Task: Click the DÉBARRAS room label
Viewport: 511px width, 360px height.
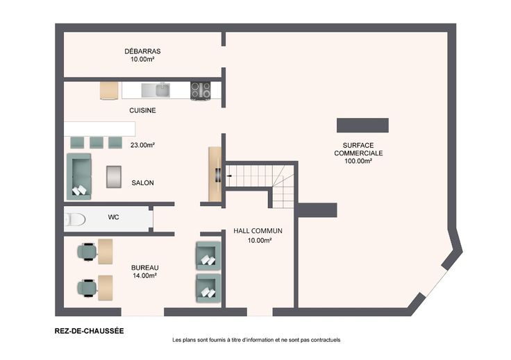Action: pos(142,51)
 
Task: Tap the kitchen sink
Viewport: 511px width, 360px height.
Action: pos(156,90)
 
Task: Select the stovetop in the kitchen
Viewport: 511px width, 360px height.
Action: pos(201,90)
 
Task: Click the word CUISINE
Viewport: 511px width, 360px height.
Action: pos(142,110)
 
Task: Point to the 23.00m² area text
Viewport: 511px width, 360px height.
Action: pos(142,145)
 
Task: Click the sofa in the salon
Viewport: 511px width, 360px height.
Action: pos(79,176)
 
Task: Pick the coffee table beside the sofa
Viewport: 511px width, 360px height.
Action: pos(114,177)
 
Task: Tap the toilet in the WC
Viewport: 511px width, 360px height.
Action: pos(74,219)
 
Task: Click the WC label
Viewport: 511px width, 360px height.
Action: pos(113,217)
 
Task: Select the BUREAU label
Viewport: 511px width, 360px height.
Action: pos(144,268)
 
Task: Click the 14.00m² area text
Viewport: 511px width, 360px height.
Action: pos(144,275)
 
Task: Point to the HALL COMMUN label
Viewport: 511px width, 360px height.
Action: pos(258,231)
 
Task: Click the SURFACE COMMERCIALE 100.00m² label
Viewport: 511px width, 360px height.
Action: pos(358,153)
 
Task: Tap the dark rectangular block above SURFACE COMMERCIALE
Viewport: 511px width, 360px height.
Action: pos(362,126)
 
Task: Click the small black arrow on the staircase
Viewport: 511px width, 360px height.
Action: pos(229,176)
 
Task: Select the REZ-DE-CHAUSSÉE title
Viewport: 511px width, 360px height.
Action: pos(90,331)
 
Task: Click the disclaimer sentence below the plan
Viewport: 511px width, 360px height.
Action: pos(256,340)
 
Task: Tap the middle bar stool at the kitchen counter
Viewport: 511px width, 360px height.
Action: pos(97,143)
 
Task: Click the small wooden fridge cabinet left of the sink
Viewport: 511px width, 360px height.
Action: pos(109,90)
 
